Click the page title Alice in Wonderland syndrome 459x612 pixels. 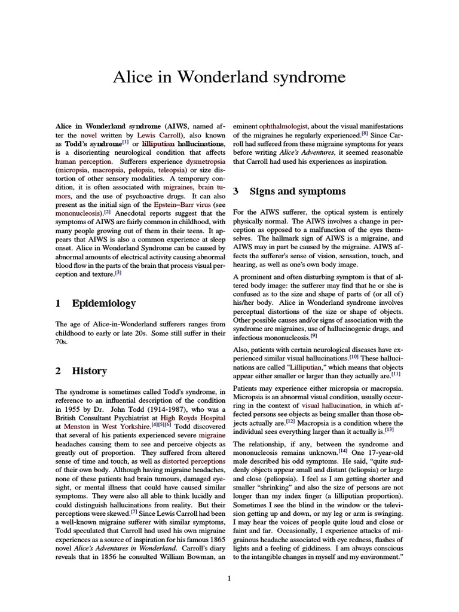(229, 77)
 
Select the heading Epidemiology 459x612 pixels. (103, 304)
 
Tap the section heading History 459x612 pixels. (89, 371)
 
